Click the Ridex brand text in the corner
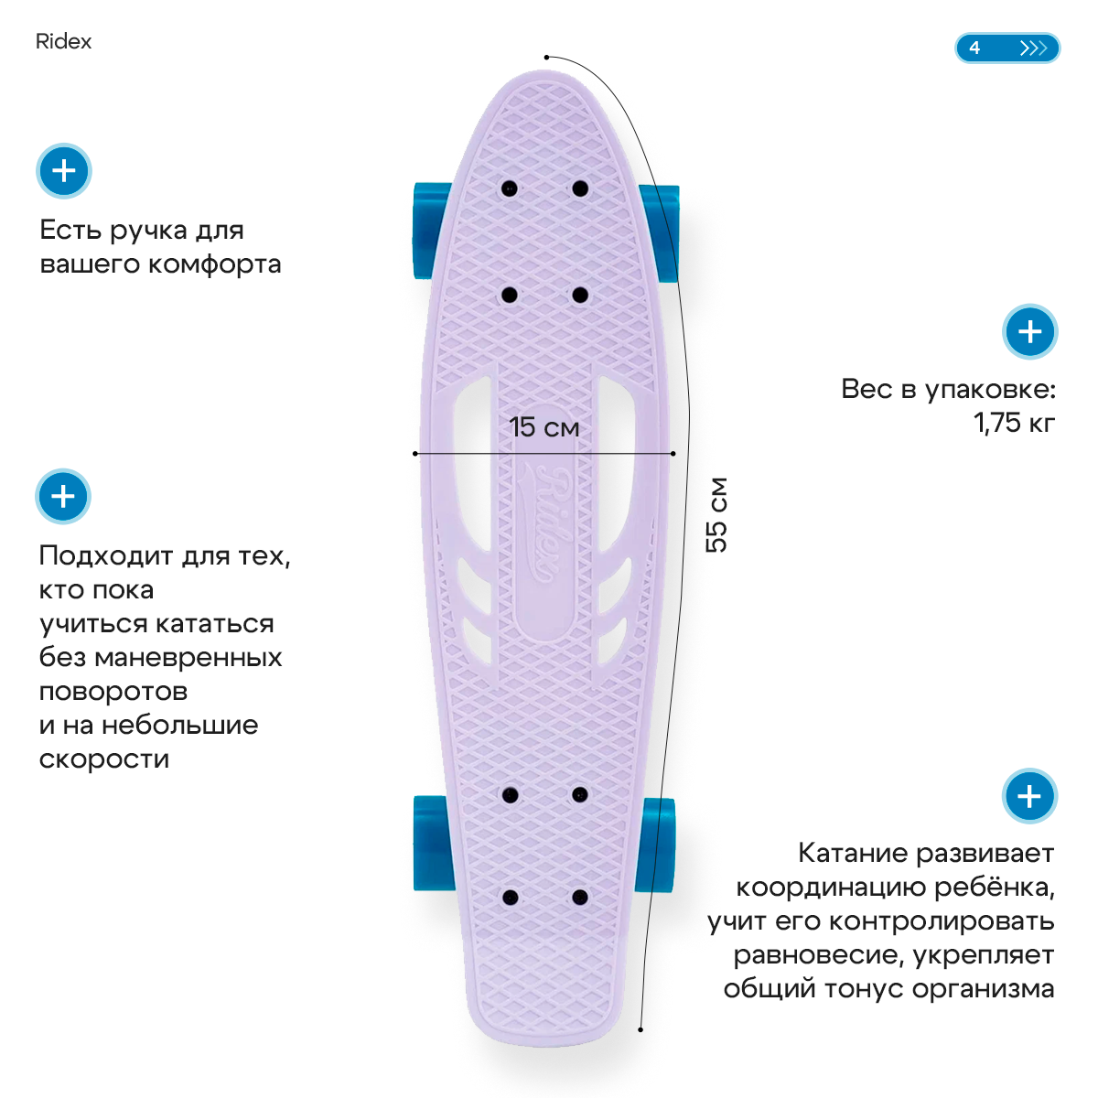point(63,41)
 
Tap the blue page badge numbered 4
point(1006,48)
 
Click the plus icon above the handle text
point(64,171)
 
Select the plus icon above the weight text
point(1030,331)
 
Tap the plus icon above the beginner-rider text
point(63,497)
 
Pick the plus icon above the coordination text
point(1029,796)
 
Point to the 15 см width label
point(544,427)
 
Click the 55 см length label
point(717,514)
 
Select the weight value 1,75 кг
point(1014,423)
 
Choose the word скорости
point(104,759)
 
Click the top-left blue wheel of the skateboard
point(429,231)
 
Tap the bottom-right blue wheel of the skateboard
point(656,845)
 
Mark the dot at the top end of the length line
point(546,57)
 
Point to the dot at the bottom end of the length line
point(640,1029)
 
